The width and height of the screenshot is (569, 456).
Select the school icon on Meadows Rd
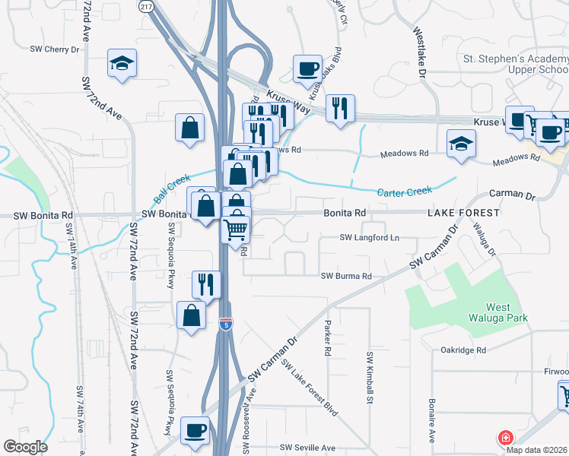pyautogui.click(x=461, y=144)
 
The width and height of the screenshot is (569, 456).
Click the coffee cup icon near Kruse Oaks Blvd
pyautogui.click(x=307, y=68)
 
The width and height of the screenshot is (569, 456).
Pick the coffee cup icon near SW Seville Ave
pyautogui.click(x=195, y=431)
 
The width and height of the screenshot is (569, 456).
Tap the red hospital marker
pyautogui.click(x=504, y=439)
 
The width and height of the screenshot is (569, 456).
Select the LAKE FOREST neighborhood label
pyautogui.click(x=463, y=213)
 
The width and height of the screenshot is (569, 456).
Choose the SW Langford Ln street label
pyautogui.click(x=369, y=238)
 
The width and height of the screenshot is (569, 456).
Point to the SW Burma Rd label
pyautogui.click(x=345, y=276)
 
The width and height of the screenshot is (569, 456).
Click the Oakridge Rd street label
pyautogui.click(x=463, y=350)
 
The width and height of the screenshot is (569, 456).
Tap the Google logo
pyautogui.click(x=25, y=447)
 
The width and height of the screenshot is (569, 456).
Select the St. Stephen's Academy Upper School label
pyautogui.click(x=516, y=64)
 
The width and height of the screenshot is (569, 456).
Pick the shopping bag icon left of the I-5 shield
pyautogui.click(x=190, y=315)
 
